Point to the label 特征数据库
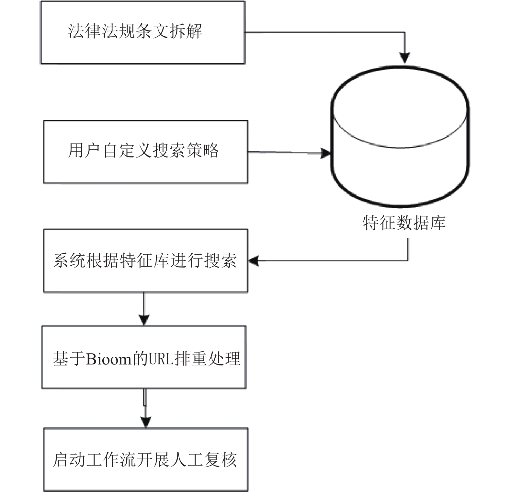coord(404,223)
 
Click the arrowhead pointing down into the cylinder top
coord(404,58)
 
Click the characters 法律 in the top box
coord(85,31)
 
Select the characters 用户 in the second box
coord(85,151)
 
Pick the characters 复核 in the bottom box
coord(221,460)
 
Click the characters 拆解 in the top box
coord(186,31)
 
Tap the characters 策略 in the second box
coord(203,151)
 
